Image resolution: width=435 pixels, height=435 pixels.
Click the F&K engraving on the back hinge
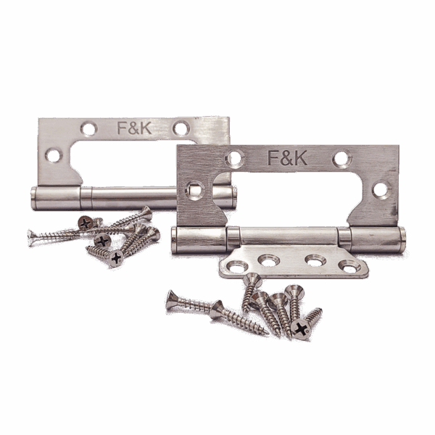pos(134,128)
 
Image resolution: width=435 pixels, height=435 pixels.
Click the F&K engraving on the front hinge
pos(287,158)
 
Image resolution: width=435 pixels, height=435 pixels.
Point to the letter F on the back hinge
pos(122,128)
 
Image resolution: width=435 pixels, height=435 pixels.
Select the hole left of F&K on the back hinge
pos(89,129)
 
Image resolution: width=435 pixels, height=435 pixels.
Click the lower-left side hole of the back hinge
pos(54,155)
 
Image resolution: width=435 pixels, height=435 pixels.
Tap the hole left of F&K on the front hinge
pos(235,158)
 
